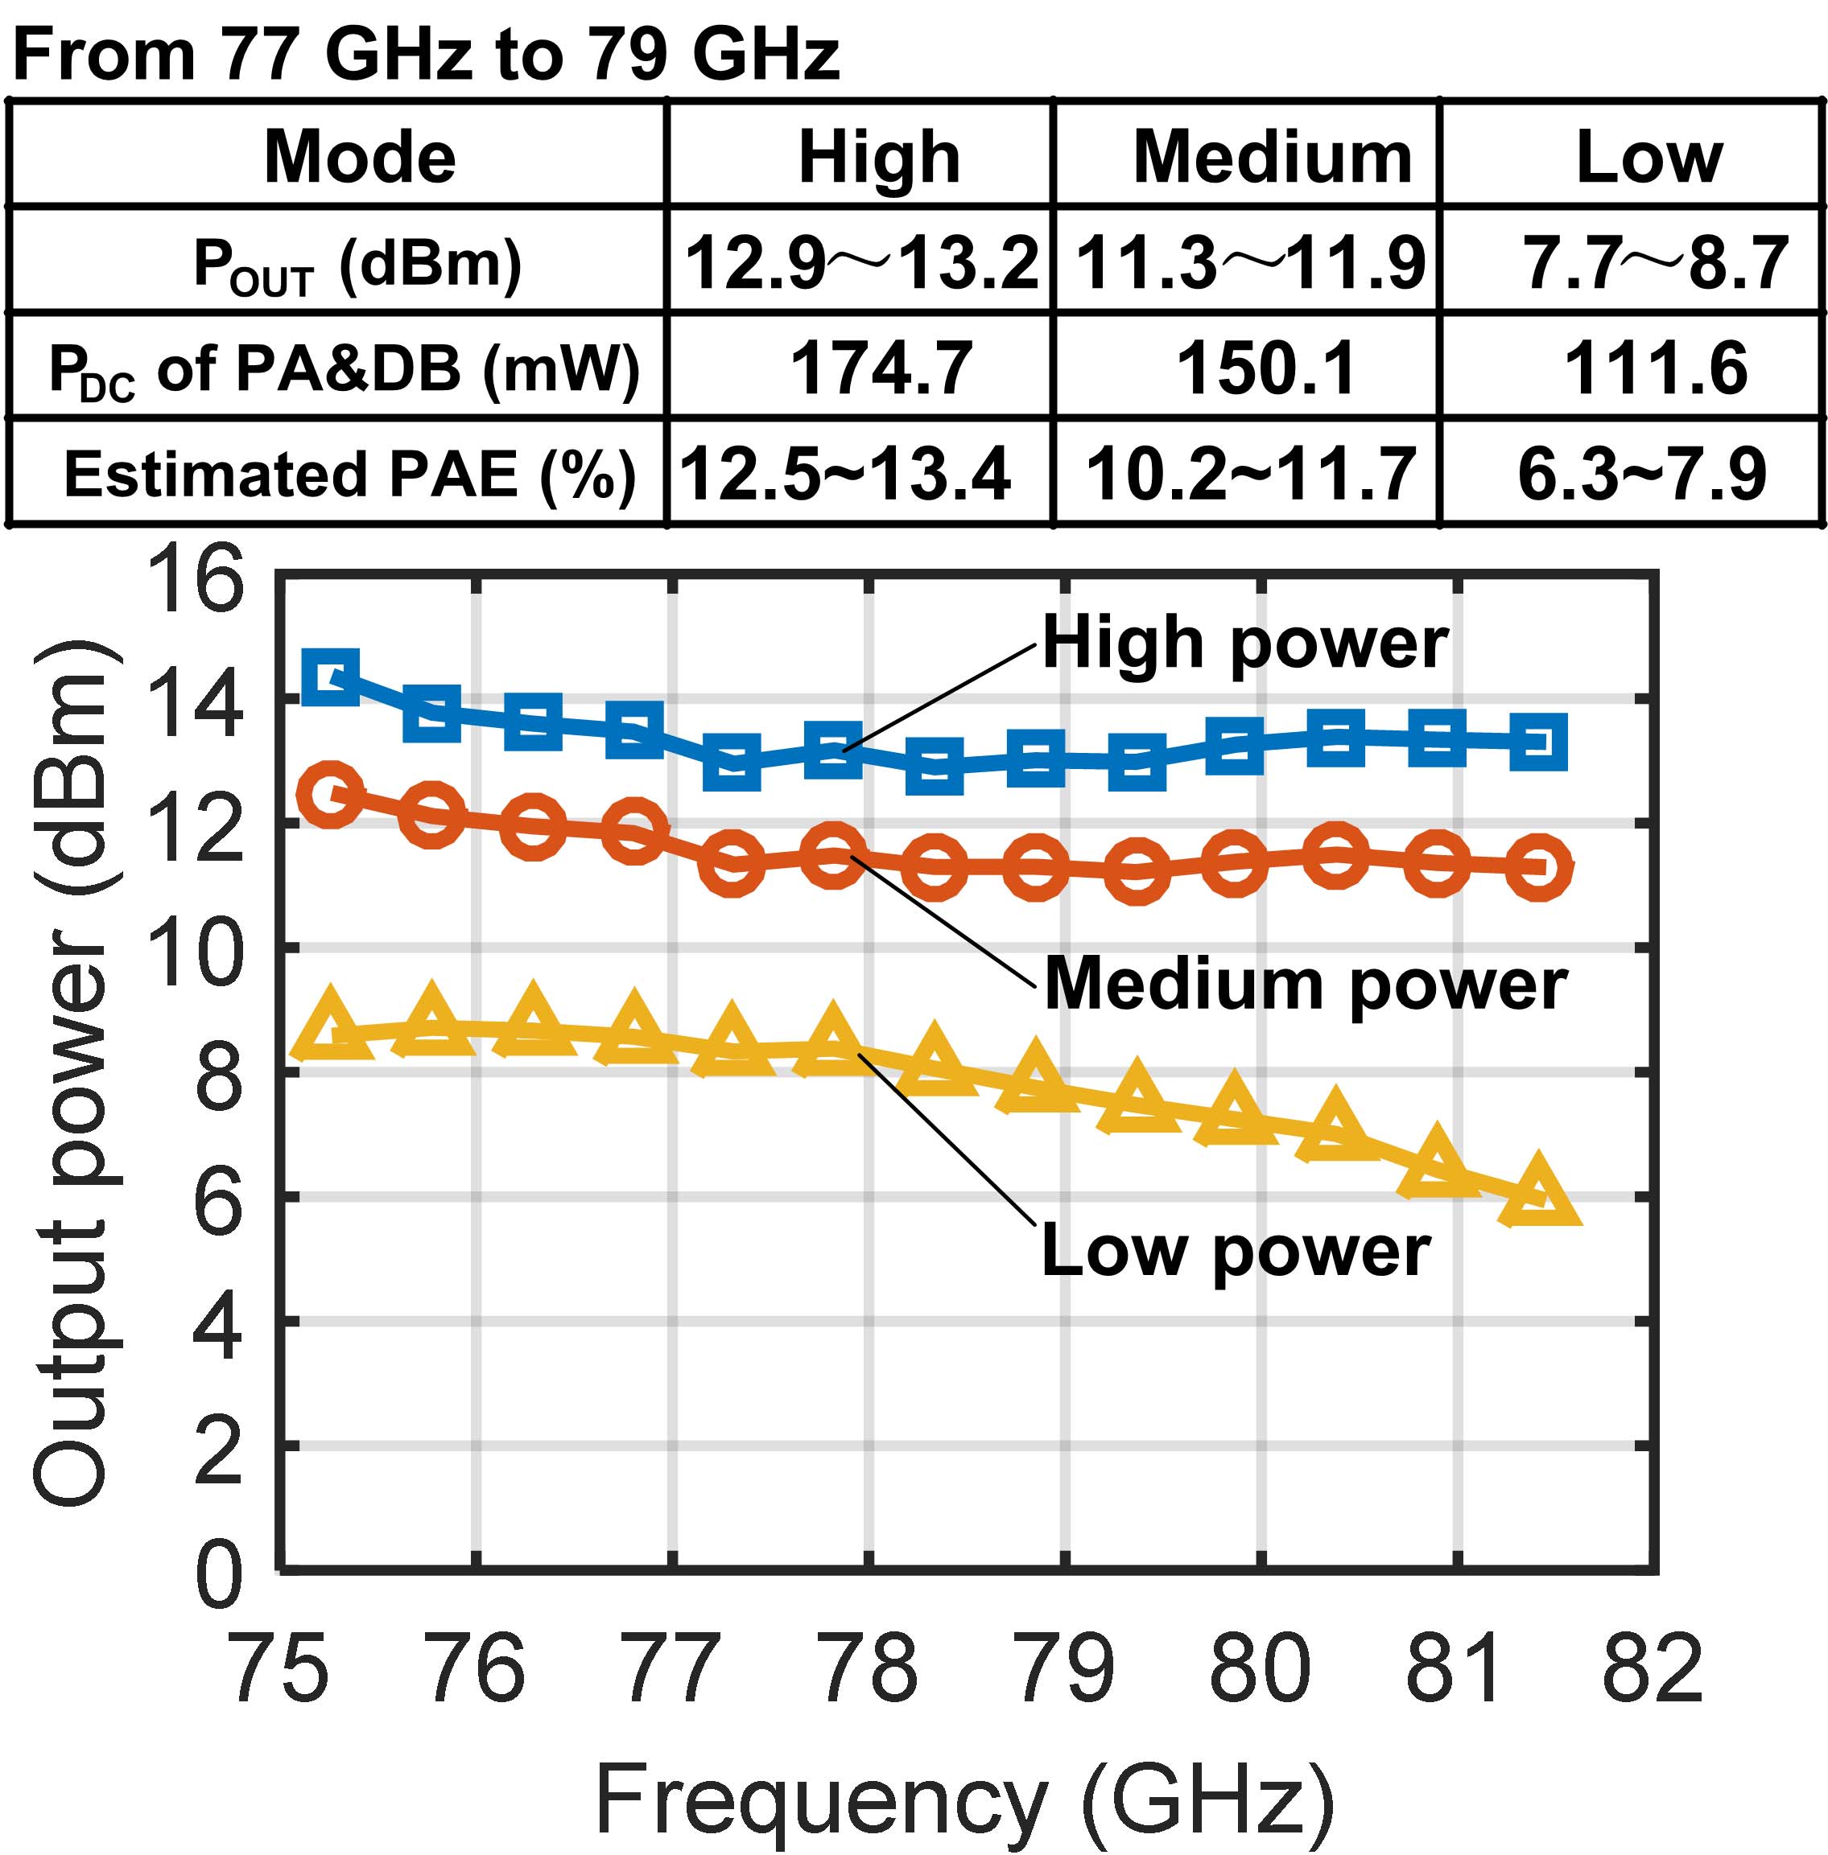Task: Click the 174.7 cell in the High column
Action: click(x=881, y=368)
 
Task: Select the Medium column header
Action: click(x=1272, y=156)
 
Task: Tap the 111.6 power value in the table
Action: click(x=1655, y=368)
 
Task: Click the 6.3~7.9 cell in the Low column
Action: click(x=1642, y=474)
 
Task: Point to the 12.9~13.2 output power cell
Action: click(x=861, y=262)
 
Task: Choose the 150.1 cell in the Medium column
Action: click(x=1265, y=368)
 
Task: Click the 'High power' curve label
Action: click(x=1245, y=643)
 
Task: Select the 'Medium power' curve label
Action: click(x=1306, y=985)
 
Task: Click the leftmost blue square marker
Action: click(x=331, y=676)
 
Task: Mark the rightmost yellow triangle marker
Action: click(x=1539, y=1193)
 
